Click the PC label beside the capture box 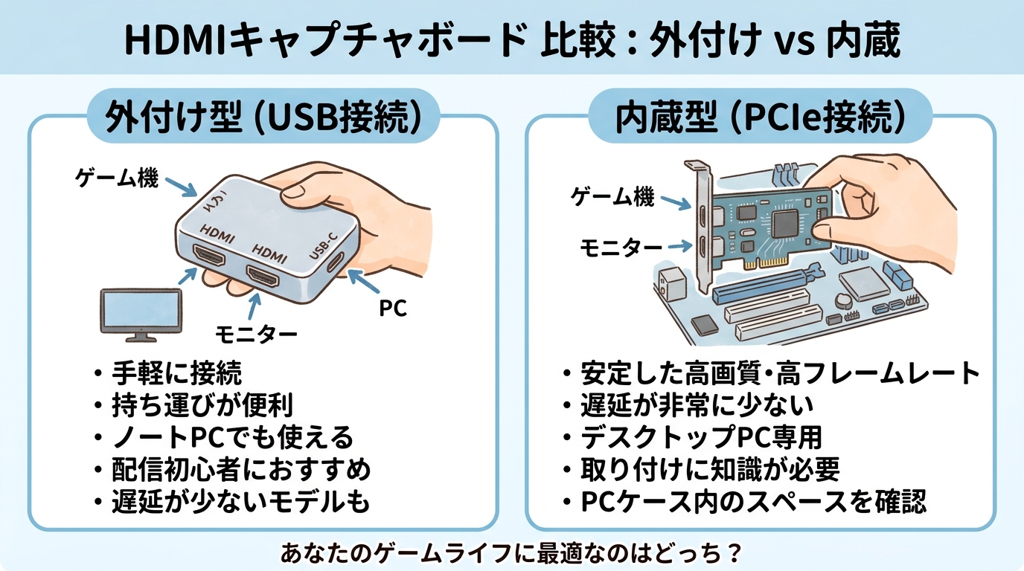(x=392, y=307)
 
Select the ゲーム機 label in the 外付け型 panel (x=117, y=178)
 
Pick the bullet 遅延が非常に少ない (x=697, y=405)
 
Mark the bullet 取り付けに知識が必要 (x=710, y=470)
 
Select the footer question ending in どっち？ (x=512, y=553)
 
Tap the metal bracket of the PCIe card (x=700, y=216)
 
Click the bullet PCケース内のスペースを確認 (x=753, y=502)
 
